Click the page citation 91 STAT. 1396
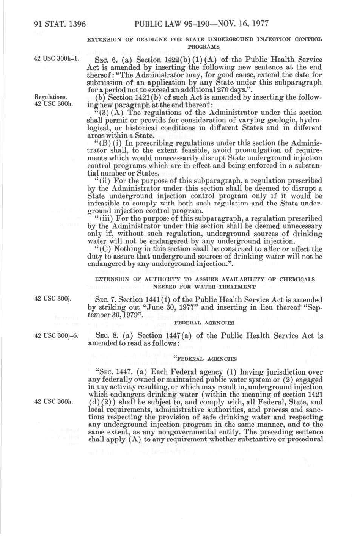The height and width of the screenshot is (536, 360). pos(60,24)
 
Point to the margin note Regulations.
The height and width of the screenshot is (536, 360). pos(50,97)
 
